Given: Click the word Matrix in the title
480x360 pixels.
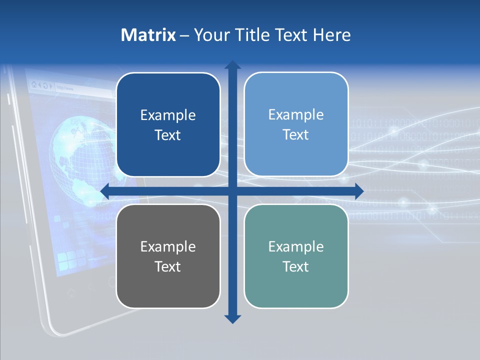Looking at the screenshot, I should click(x=148, y=35).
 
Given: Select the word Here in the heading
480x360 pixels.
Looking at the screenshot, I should click(x=331, y=35).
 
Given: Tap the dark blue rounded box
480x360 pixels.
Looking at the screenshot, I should click(x=168, y=124).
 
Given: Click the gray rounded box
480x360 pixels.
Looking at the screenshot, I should click(x=168, y=256).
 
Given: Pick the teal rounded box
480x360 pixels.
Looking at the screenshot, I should click(x=296, y=256).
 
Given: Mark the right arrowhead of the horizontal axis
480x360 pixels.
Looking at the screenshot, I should click(x=358, y=191).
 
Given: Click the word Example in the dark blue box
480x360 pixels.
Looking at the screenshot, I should click(x=168, y=115).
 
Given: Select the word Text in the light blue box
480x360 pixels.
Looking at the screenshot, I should click(x=296, y=134).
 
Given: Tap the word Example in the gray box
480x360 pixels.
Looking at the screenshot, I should click(x=168, y=246).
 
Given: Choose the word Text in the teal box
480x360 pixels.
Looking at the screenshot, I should click(x=296, y=266).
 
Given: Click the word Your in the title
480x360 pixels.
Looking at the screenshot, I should click(x=210, y=35).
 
